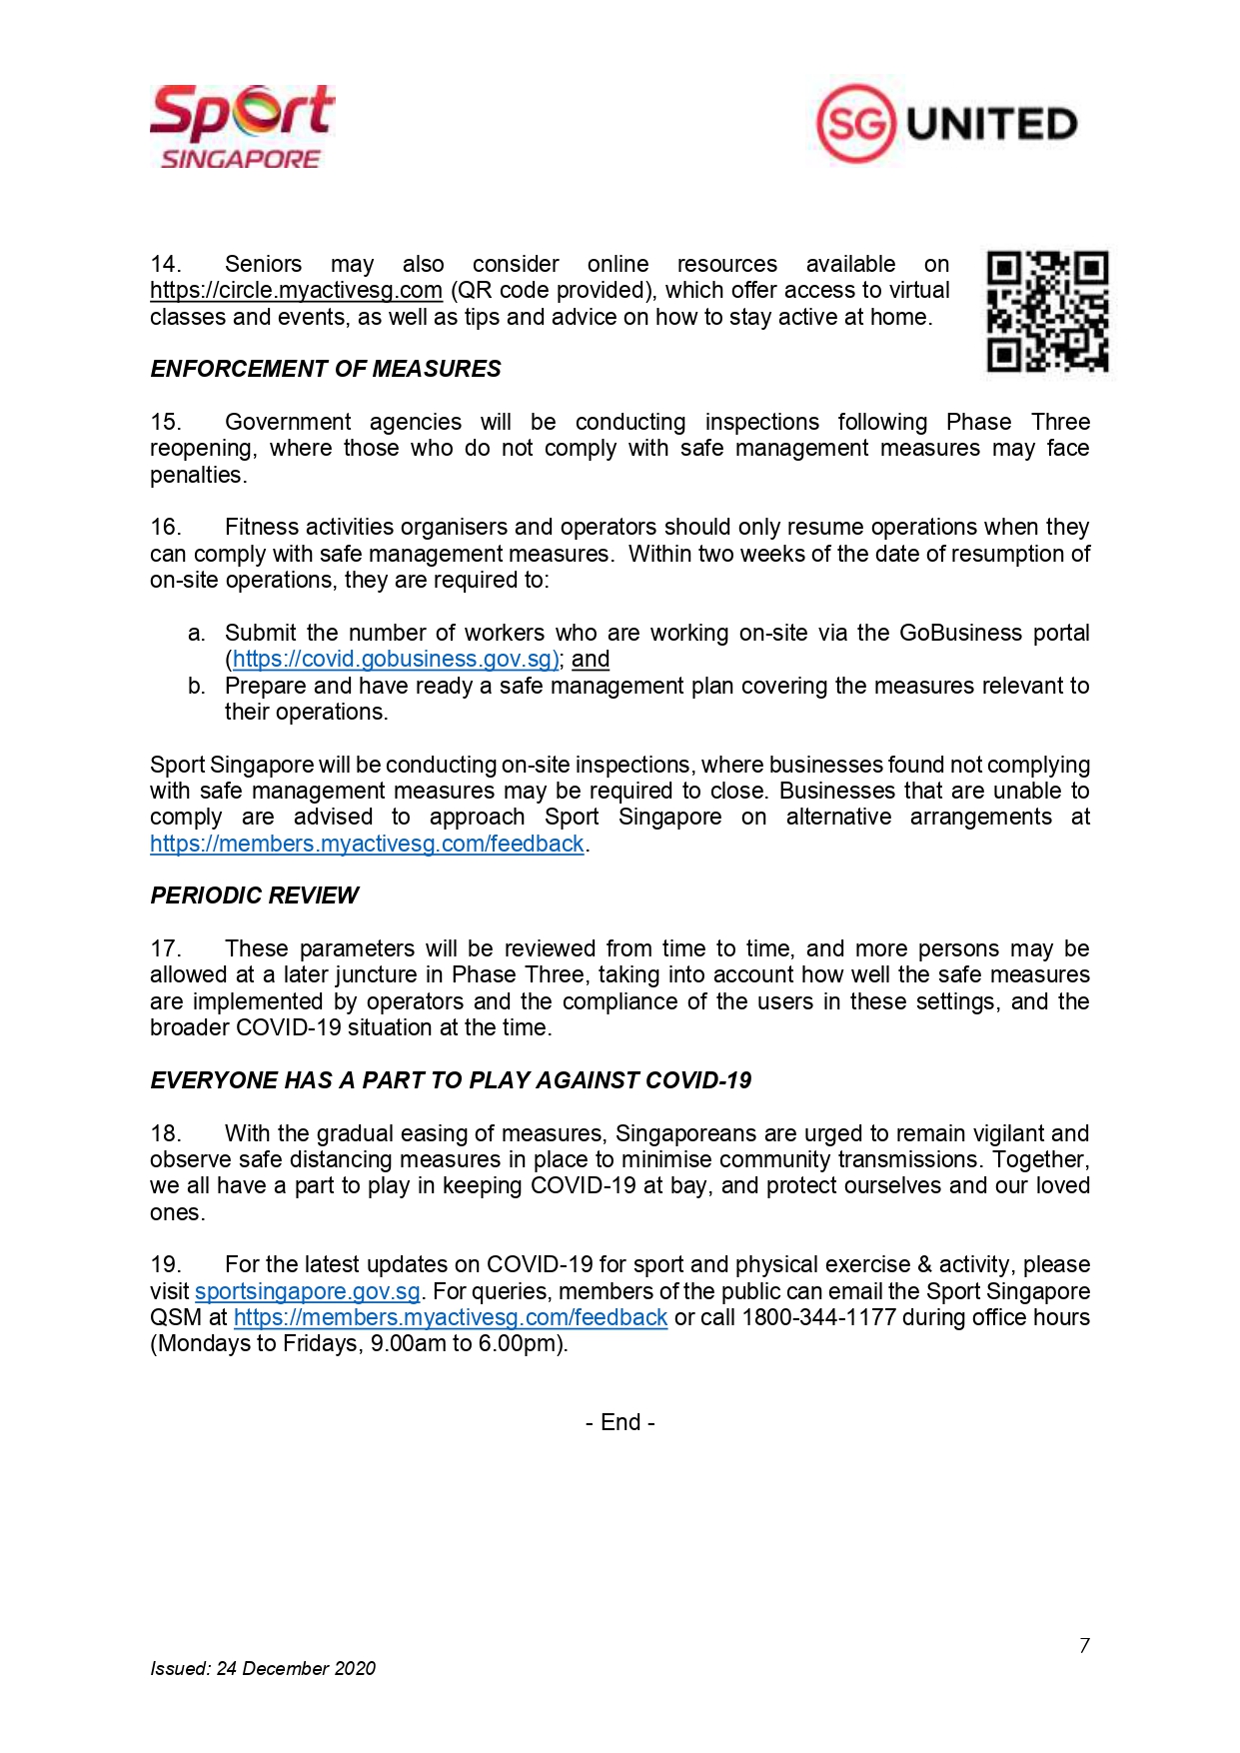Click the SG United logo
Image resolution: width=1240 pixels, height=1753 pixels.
point(946,124)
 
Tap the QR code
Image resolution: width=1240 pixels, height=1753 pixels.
point(1047,311)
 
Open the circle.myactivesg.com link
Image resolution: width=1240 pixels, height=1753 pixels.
point(296,291)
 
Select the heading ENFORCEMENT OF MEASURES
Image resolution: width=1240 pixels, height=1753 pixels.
point(326,369)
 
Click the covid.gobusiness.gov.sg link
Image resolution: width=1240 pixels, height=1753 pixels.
point(396,660)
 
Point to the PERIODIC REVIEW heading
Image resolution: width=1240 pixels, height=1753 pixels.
point(255,895)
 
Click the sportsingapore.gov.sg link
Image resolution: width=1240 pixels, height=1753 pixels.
point(307,1291)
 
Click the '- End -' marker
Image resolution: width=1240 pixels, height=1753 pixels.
point(620,1422)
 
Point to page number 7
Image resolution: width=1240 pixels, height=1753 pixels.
point(1084,1646)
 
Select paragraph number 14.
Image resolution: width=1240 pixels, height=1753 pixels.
point(165,265)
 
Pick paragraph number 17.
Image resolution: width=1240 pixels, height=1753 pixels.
point(165,948)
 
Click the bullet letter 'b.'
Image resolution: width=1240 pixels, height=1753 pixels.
point(197,687)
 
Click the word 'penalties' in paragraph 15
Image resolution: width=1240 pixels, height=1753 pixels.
point(196,476)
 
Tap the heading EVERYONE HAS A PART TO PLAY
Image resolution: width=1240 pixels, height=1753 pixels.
point(451,1080)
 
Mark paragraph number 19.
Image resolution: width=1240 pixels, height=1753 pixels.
point(165,1265)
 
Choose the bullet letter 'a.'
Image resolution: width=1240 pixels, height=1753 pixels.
point(197,634)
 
